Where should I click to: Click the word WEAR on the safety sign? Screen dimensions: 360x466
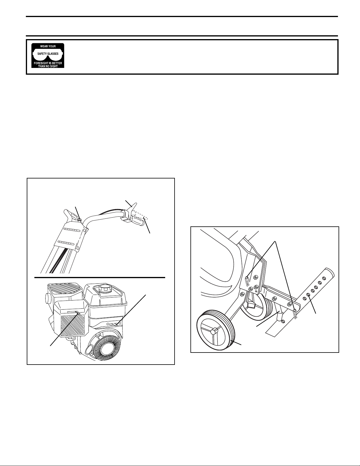[44, 46]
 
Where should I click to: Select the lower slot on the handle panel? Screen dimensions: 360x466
[68, 242]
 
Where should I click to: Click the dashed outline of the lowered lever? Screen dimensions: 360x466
[139, 215]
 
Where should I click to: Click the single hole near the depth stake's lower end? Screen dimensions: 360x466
[284, 327]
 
